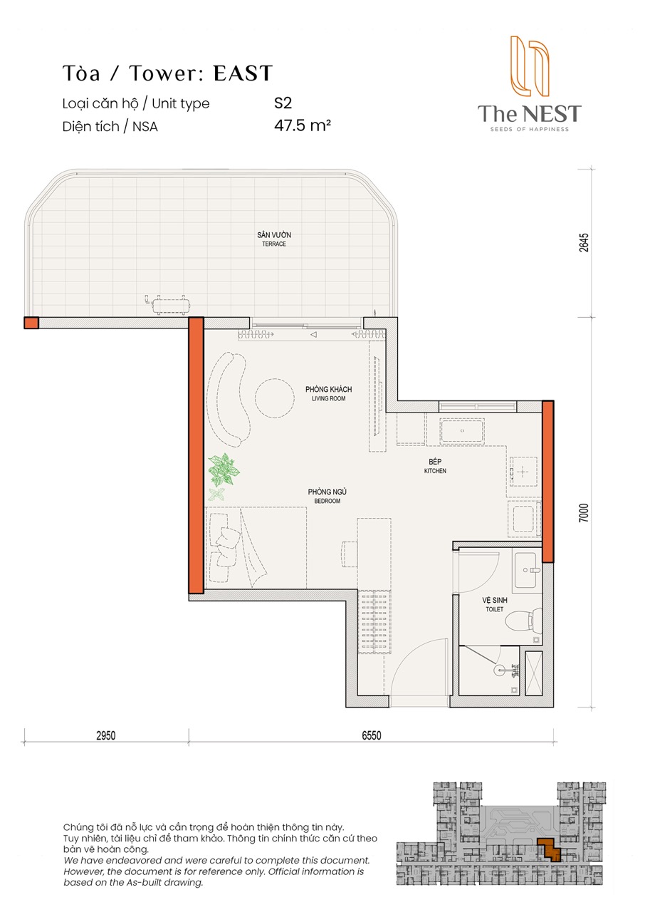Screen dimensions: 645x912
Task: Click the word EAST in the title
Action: (243, 73)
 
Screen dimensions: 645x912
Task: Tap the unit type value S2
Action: (283, 103)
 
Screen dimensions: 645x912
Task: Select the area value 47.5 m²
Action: (303, 125)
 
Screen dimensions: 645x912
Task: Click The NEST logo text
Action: (529, 113)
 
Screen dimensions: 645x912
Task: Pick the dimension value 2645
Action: (584, 242)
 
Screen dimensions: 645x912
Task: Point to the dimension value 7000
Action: (584, 513)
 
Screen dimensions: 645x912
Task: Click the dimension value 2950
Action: (106, 735)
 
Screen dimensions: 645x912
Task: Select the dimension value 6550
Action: (372, 735)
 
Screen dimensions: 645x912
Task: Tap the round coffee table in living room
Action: (275, 398)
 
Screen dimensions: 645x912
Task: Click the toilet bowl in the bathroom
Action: (523, 622)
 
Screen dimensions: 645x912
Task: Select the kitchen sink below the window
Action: (462, 431)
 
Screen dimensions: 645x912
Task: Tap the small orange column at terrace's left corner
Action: (31, 323)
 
